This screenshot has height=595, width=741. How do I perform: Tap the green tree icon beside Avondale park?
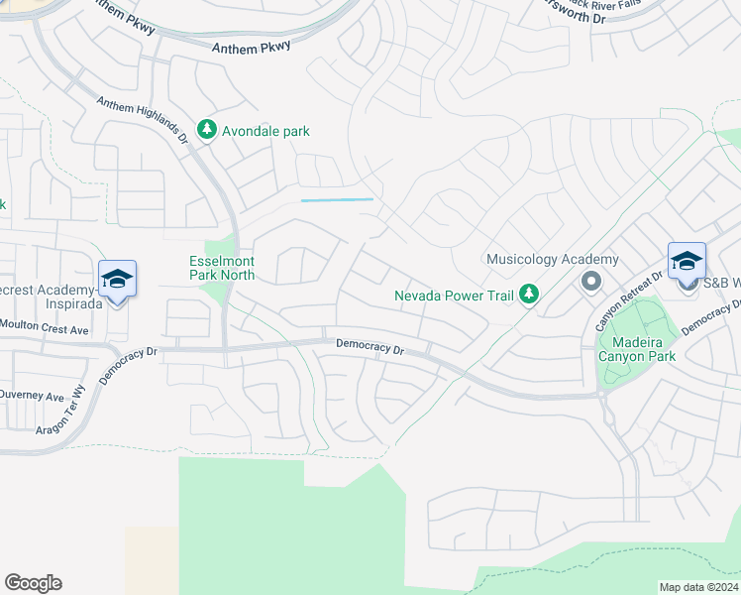click(206, 130)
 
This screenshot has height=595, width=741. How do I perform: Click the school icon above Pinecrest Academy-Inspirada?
click(117, 279)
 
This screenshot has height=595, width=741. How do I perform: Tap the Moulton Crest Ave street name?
click(45, 328)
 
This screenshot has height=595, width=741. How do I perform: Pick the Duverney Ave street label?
click(32, 395)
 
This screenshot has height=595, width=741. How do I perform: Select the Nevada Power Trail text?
click(453, 296)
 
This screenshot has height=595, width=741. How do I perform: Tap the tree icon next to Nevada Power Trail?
click(530, 294)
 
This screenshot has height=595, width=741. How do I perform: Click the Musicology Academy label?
click(552, 260)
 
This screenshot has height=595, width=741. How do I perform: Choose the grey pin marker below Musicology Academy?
click(591, 282)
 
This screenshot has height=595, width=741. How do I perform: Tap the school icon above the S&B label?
click(687, 261)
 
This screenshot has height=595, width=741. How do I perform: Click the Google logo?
click(33, 583)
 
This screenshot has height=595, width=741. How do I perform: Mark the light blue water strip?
click(337, 200)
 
